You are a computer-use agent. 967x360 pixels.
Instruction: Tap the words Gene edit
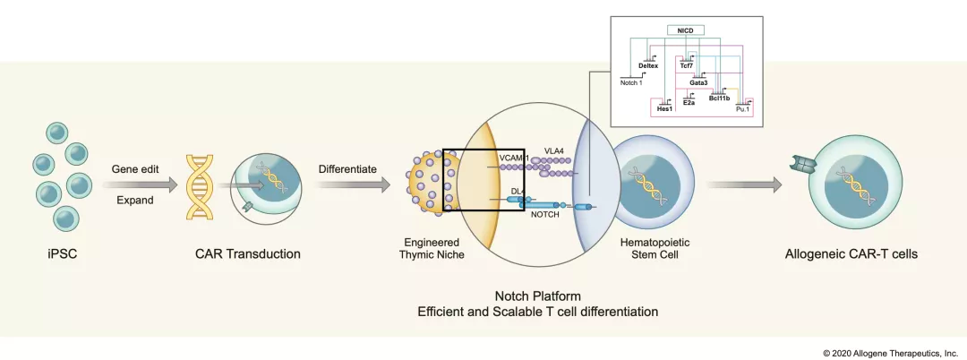tap(135, 168)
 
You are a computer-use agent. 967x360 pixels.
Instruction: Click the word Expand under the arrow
tap(135, 200)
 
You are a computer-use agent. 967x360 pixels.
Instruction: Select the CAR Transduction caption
tap(248, 253)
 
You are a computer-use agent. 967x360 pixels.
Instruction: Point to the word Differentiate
tap(348, 168)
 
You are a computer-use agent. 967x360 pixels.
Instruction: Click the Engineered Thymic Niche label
tap(433, 248)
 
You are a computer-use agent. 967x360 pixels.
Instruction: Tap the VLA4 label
tap(555, 150)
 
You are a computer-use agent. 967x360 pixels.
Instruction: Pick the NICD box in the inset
tap(685, 30)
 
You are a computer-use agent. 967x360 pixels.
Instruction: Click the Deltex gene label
tap(649, 65)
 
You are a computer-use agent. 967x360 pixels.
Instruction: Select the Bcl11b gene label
tap(719, 99)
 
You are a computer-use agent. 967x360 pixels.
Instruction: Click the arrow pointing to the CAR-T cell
tap(742, 185)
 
